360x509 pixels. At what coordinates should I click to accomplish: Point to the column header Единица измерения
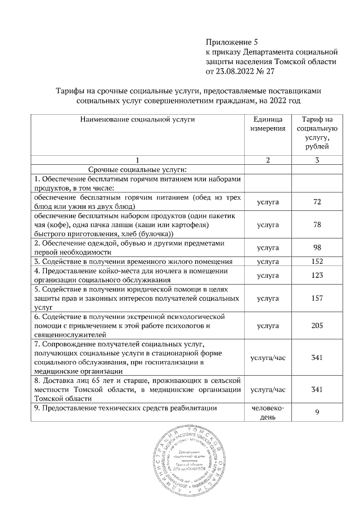[x=268, y=125]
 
